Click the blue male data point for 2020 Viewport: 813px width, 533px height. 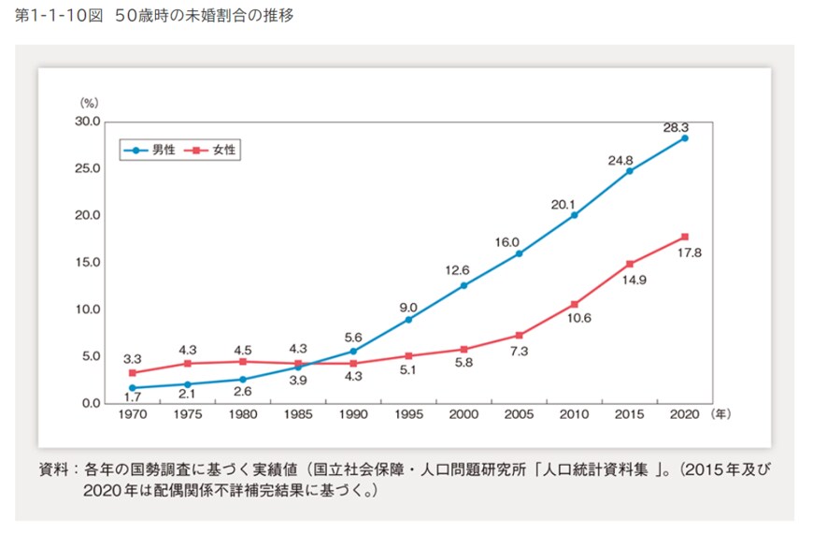684,138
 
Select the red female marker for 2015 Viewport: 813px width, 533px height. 630,264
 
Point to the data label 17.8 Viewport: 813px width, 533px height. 689,253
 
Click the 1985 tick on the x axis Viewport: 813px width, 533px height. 298,412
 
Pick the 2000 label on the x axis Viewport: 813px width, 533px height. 464,412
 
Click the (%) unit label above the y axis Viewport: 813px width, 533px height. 89,101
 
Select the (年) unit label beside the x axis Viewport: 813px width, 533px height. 724,412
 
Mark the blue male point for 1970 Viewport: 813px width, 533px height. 133,387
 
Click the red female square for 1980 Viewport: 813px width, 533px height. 243,361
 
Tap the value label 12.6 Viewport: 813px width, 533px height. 458,270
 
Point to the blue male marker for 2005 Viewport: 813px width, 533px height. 519,253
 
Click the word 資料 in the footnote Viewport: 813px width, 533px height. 50,468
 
